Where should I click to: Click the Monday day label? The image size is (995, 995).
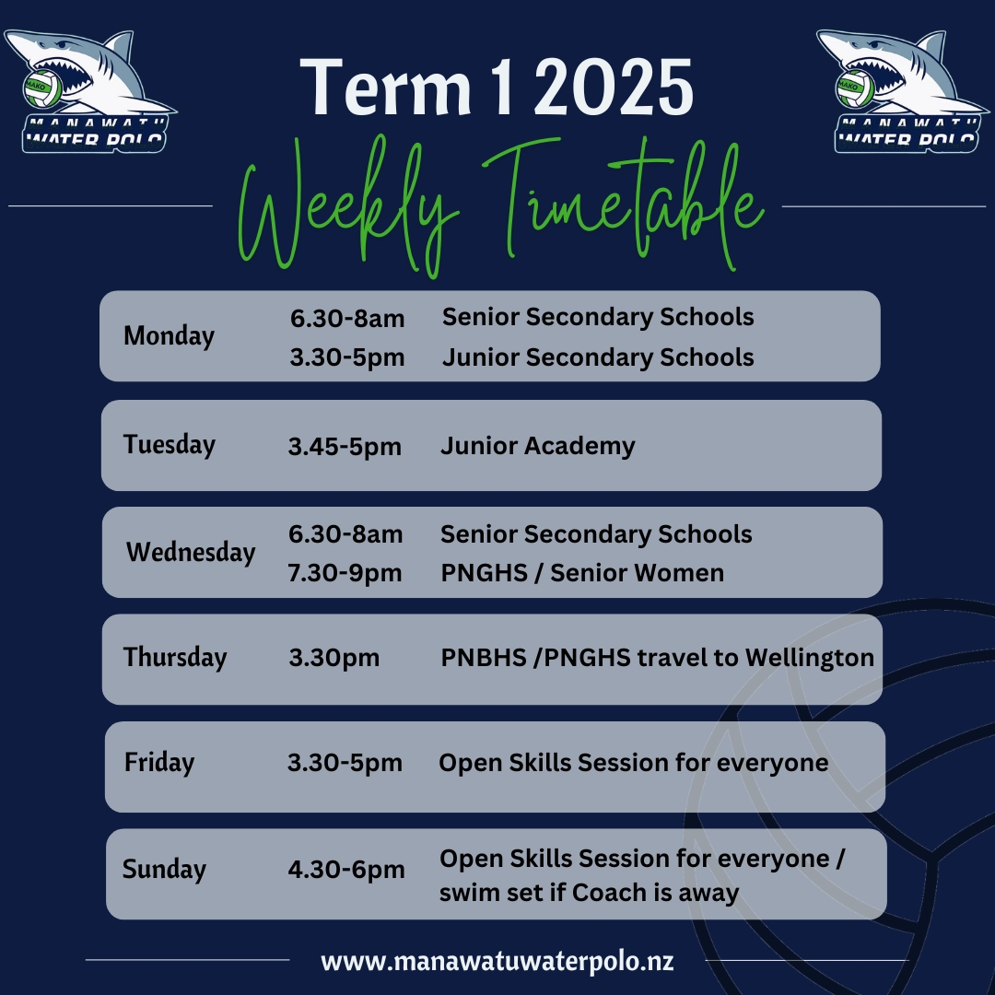pyautogui.click(x=169, y=336)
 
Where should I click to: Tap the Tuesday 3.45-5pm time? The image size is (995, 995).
pyautogui.click(x=345, y=447)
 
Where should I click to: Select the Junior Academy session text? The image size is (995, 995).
pyautogui.click(x=537, y=446)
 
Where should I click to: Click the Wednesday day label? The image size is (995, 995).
pyautogui.click(x=191, y=552)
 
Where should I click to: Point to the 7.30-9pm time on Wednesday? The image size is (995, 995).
pyautogui.click(x=345, y=573)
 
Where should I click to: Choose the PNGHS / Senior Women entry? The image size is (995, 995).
pyautogui.click(x=582, y=573)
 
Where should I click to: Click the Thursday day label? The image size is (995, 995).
pyautogui.click(x=174, y=658)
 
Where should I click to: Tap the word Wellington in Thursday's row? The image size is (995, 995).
pyautogui.click(x=809, y=658)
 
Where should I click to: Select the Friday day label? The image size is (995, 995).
pyautogui.click(x=159, y=763)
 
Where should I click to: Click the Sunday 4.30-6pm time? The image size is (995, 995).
pyautogui.click(x=345, y=870)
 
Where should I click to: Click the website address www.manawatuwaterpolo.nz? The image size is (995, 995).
pyautogui.click(x=497, y=961)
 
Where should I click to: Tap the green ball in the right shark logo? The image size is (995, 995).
pyautogui.click(x=855, y=88)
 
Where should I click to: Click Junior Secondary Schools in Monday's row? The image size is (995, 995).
pyautogui.click(x=598, y=357)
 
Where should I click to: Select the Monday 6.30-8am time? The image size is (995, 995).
pyautogui.click(x=347, y=318)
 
